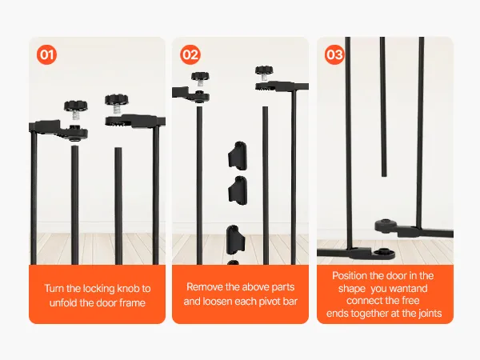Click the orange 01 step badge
click(47, 54)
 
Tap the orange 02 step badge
click(190, 54)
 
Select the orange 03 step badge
click(334, 54)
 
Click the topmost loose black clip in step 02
click(238, 155)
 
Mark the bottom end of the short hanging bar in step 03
click(384, 176)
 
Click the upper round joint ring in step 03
click(386, 226)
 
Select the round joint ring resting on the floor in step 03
click(383, 254)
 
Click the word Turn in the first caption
click(54, 288)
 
